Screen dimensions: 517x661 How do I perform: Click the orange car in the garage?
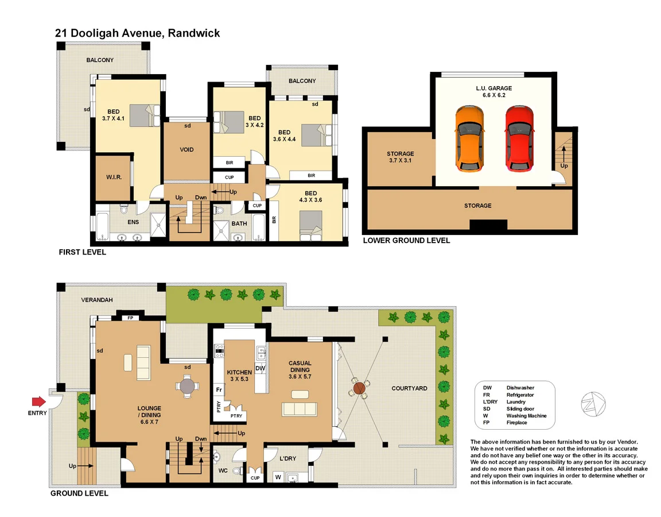(469, 138)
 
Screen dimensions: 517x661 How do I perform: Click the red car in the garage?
(519, 138)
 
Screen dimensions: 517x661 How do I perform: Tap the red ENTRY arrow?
(38, 401)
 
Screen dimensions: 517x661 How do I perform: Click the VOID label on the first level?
(186, 150)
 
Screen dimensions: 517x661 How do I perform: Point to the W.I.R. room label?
(112, 177)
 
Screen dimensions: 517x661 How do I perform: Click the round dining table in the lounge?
(188, 386)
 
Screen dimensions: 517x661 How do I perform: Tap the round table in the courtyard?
(360, 388)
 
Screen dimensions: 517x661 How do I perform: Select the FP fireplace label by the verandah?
(130, 317)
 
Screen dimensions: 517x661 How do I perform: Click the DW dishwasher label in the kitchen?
(260, 368)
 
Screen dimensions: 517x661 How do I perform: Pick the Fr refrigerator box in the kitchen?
(219, 390)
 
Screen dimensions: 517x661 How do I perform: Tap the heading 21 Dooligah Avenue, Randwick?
(137, 33)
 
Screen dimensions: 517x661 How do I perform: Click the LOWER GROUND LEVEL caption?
(406, 240)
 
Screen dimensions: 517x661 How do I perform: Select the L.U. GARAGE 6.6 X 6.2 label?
(493, 92)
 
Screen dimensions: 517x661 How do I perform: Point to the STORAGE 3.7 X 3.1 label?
(400, 157)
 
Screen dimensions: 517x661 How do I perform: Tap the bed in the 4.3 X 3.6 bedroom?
(311, 226)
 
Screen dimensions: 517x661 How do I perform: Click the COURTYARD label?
(409, 388)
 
